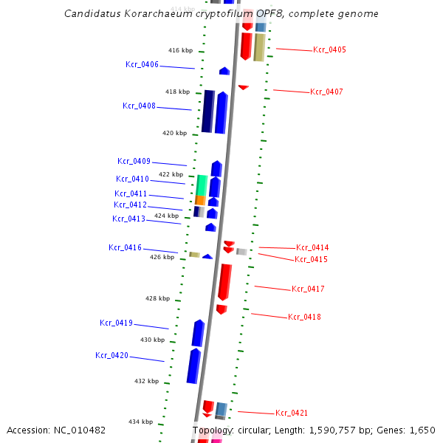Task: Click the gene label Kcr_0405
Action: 329,49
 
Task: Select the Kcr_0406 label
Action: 142,64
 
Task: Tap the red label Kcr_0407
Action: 326,92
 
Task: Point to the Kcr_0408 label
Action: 139,106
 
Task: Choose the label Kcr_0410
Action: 132,179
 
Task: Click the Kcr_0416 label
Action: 125,247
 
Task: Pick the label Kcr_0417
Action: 308,289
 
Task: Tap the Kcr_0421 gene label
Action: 292,413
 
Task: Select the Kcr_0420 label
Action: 111,355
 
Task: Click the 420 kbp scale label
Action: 175,133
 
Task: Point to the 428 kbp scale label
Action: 157,298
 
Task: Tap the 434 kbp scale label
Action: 140,422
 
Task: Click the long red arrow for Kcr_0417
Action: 224,281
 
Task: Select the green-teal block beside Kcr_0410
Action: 201,185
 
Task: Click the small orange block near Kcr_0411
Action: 199,200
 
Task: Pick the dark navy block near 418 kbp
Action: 207,111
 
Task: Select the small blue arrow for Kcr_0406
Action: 224,71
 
